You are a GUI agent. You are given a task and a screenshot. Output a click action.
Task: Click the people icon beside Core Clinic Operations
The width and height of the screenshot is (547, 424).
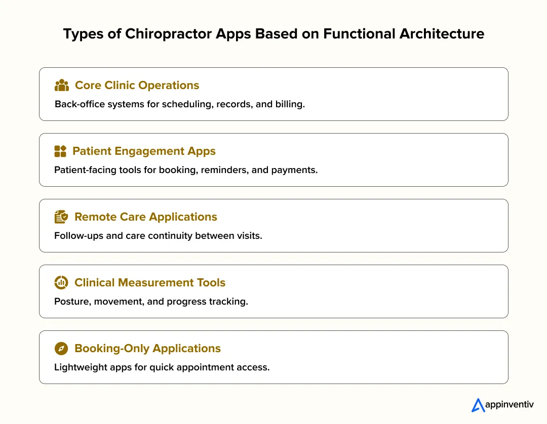pyautogui.click(x=61, y=86)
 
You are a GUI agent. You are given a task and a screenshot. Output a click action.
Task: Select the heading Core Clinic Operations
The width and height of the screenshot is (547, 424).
pyautogui.click(x=137, y=86)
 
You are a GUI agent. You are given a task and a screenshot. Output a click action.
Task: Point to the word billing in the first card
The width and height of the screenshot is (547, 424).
pyautogui.click(x=290, y=105)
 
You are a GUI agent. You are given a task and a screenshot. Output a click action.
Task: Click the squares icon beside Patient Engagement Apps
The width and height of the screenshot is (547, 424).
pyautogui.click(x=60, y=151)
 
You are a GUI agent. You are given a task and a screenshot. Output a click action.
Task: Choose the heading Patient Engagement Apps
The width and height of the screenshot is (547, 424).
pyautogui.click(x=144, y=151)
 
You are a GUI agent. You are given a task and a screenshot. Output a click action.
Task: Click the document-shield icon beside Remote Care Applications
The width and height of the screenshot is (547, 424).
pyautogui.click(x=61, y=217)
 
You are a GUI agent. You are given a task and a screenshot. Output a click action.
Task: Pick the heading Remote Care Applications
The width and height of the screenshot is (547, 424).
pyautogui.click(x=145, y=217)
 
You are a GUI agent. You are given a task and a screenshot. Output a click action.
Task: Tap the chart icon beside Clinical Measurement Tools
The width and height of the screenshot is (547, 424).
pyautogui.click(x=61, y=283)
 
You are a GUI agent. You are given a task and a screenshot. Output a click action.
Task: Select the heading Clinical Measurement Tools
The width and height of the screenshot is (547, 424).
pyautogui.click(x=150, y=283)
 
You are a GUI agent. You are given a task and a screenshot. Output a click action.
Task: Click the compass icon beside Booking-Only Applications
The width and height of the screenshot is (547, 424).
pyautogui.click(x=61, y=349)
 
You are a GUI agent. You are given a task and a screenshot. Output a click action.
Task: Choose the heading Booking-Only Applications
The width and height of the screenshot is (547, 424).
pyautogui.click(x=147, y=349)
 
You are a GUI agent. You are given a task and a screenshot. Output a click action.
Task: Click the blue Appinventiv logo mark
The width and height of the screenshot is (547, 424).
pyautogui.click(x=478, y=405)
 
